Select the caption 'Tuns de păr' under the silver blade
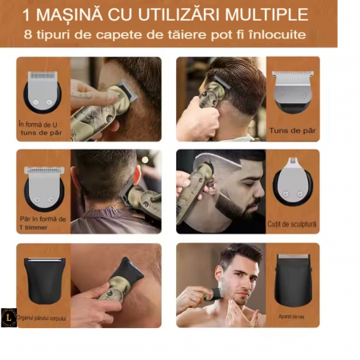point(294,129)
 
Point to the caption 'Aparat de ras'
point(293,317)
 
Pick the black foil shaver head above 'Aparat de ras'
point(293,278)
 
